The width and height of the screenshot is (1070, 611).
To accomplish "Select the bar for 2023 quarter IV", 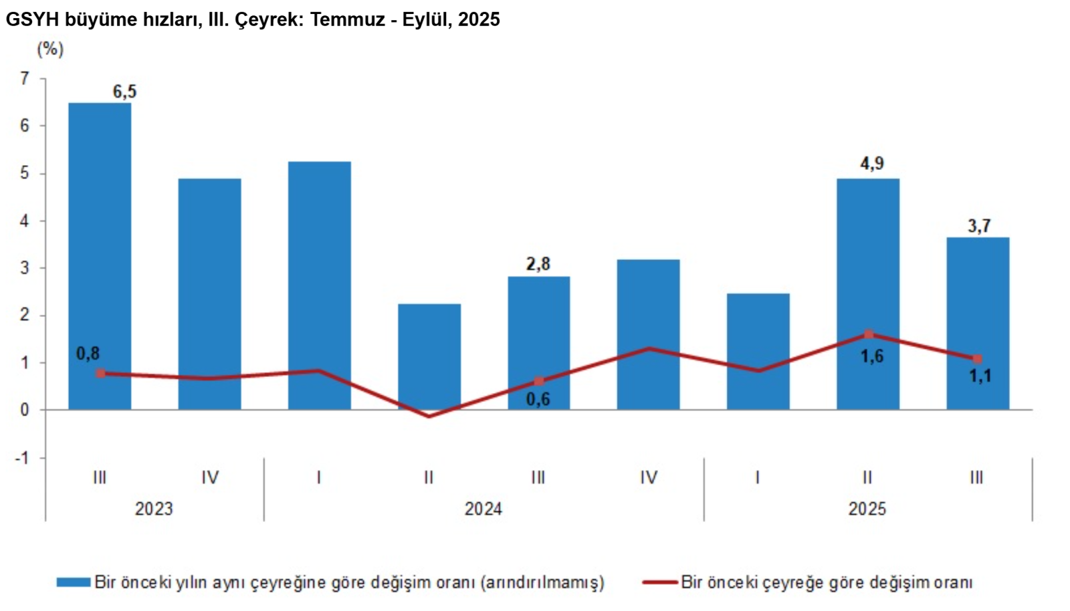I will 209,294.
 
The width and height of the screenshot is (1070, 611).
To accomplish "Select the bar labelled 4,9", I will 867,294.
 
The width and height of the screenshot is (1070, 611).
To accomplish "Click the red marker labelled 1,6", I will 868,334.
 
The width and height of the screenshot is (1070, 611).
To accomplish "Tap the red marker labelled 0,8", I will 100,373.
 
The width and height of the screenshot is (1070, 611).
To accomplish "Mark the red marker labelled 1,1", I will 977,359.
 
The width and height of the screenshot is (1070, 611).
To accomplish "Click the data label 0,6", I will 538,400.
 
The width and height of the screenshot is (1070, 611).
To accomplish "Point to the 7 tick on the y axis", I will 25,79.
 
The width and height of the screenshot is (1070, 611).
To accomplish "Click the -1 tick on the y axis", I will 23,459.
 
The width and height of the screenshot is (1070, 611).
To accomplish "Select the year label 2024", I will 483,509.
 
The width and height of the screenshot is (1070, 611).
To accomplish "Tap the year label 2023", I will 154,509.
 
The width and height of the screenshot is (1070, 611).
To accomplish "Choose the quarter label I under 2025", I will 757,477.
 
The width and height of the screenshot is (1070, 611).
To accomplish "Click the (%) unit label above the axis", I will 50,49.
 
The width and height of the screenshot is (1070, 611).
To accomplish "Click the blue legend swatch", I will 73,582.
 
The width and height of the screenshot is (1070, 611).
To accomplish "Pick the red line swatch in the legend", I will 659,582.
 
